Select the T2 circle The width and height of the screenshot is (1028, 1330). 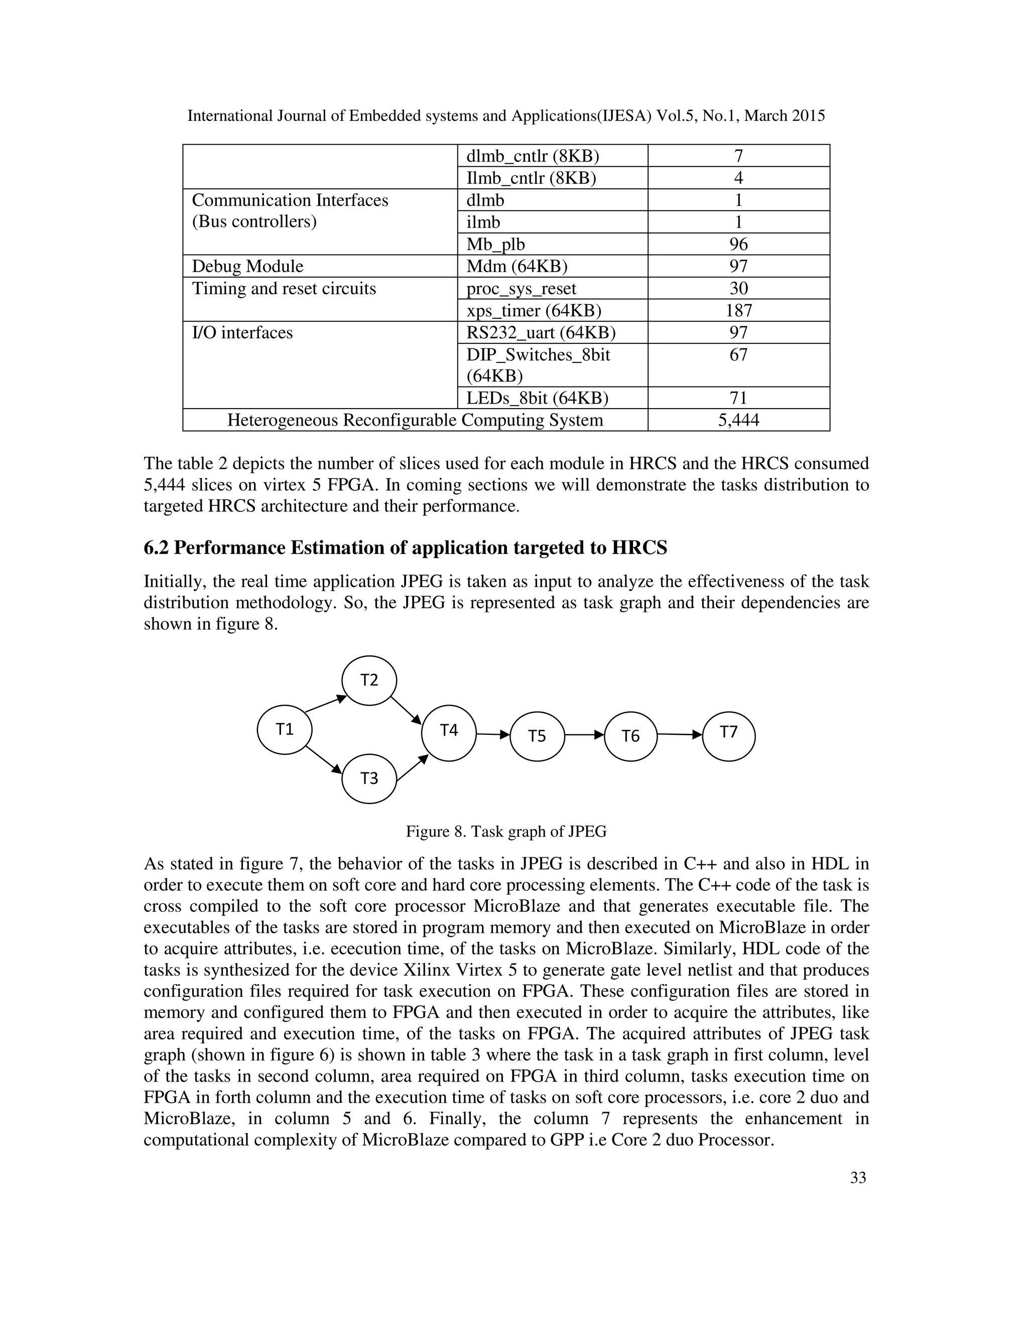369,680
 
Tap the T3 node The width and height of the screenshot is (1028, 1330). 369,778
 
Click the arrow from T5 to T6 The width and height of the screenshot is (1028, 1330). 584,735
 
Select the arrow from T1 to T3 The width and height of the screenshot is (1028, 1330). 323,759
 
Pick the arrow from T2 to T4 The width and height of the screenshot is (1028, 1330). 406,710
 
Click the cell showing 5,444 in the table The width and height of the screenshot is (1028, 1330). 738,420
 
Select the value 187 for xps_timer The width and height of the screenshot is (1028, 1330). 738,311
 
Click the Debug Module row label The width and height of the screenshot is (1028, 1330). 247,266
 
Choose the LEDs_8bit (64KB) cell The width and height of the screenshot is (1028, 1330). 537,398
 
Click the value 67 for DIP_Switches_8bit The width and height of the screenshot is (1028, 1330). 738,354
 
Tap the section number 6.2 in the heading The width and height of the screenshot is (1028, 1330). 156,548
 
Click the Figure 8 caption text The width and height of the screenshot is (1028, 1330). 506,831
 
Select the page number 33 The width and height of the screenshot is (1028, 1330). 857,1178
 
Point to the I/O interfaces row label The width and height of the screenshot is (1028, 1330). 242,332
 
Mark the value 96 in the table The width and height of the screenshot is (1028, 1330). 738,244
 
